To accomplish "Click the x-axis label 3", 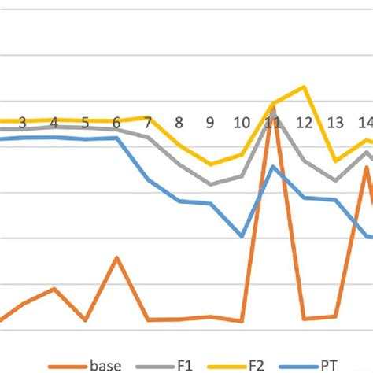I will (x=22, y=123).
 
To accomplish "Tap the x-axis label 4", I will (x=54, y=123).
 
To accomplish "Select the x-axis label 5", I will (x=85, y=123).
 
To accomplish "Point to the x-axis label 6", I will (x=116, y=123).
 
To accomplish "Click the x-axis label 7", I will (x=147, y=123).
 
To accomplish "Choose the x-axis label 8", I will (x=179, y=123).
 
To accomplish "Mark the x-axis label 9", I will (x=210, y=123).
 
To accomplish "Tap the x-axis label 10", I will (x=242, y=123).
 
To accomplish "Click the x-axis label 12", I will (x=304, y=123).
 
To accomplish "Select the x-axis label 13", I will (x=335, y=123).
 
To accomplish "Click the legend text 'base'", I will (x=105, y=365).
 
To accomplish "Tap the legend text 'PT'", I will (x=328, y=365).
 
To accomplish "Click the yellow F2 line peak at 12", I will (x=304, y=87).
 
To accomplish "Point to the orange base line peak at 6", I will (x=116, y=257).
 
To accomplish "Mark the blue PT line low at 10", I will (x=242, y=236).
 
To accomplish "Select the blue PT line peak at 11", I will (x=273, y=166).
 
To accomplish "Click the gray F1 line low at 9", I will (x=210, y=184).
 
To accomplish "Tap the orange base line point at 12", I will (x=304, y=319).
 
